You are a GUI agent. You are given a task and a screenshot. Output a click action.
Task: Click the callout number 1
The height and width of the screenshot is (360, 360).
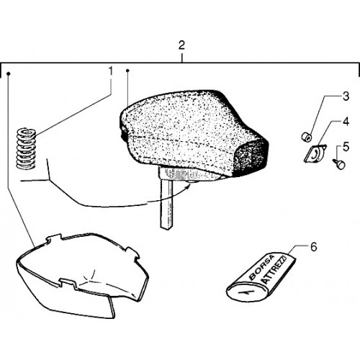pyautogui.click(x=110, y=71)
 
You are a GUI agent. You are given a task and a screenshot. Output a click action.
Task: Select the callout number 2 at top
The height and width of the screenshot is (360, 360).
pyautogui.click(x=181, y=45)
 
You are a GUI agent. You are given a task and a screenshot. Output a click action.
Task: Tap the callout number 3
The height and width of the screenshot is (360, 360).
pyautogui.click(x=346, y=96)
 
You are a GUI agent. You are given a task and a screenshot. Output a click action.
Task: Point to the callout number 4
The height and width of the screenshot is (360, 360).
pyautogui.click(x=346, y=122)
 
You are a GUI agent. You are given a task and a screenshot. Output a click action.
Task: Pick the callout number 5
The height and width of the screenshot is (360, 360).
pyautogui.click(x=346, y=147)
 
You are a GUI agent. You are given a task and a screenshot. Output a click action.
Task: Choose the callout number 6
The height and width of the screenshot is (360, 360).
pyautogui.click(x=314, y=247)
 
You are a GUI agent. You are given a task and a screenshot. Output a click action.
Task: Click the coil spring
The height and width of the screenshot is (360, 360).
pyautogui.click(x=26, y=148)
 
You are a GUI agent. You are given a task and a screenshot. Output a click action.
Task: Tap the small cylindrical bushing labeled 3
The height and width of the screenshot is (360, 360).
pyautogui.click(x=307, y=137)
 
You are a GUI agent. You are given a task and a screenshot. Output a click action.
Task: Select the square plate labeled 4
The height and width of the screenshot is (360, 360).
pyautogui.click(x=315, y=153)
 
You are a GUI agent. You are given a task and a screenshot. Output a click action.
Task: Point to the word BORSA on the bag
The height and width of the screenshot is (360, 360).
pyautogui.click(x=261, y=267)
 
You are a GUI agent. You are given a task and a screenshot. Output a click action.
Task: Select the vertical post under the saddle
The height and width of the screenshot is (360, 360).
pyautogui.click(x=166, y=204)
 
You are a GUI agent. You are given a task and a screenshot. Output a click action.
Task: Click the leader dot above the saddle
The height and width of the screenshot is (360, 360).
pyautogui.click(x=127, y=71)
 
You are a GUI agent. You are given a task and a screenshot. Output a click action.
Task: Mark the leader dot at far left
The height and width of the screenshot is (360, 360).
pyautogui.click(x=9, y=73)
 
